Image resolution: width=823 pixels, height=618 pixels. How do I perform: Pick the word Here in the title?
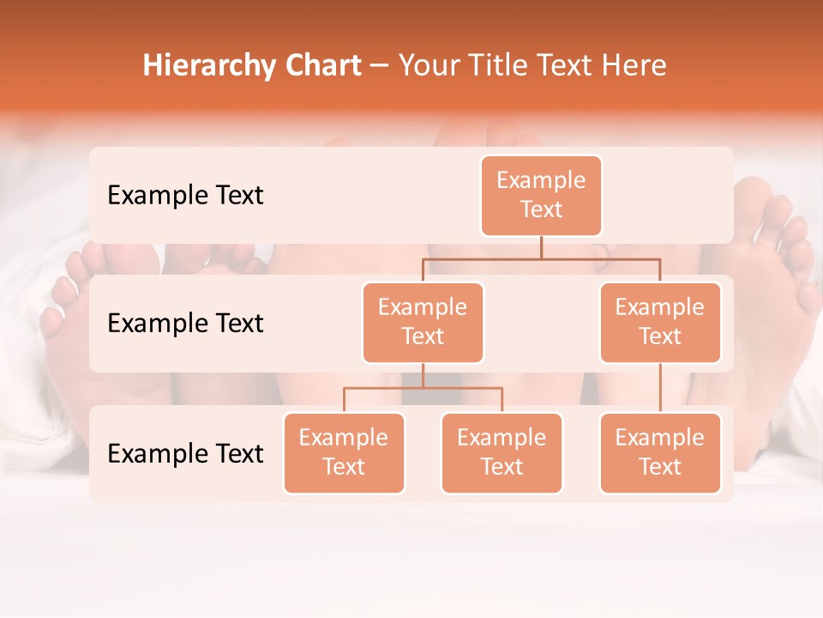coord(634,66)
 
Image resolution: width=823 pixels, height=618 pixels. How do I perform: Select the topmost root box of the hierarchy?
coord(541,196)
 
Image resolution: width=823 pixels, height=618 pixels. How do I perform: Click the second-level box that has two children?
coord(423,323)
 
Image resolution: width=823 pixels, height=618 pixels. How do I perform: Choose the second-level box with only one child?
coord(660,323)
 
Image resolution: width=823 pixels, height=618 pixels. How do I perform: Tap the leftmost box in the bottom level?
coord(344,453)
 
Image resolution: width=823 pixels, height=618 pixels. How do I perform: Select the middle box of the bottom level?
coord(502,453)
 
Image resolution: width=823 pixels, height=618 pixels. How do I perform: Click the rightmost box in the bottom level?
coord(660,453)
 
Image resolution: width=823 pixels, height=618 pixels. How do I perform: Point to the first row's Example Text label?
coord(185,196)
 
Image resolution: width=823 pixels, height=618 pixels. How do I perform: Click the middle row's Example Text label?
coord(185,324)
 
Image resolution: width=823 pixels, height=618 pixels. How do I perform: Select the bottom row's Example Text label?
coord(185,454)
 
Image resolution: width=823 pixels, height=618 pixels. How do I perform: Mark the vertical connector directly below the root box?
coord(541,247)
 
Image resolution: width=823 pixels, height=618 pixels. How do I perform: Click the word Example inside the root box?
coord(541,181)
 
